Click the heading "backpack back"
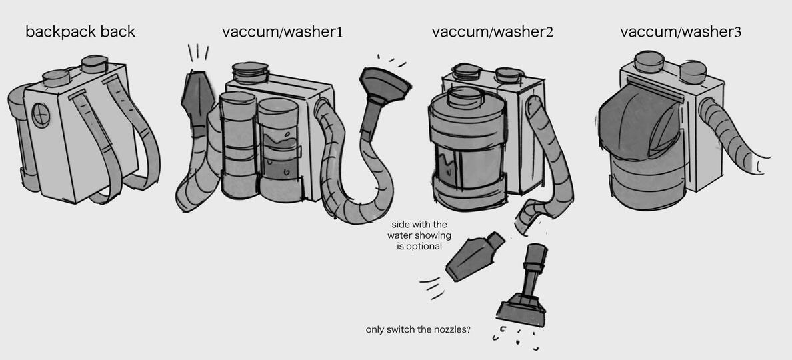point(80,32)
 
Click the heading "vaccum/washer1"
point(283,32)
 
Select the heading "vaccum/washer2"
point(493,32)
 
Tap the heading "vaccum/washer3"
point(681,32)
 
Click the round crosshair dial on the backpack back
point(41,115)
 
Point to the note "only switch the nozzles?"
point(418,330)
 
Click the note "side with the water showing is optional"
point(419,235)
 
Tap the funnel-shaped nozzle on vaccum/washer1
point(384,86)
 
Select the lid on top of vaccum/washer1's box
point(250,72)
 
